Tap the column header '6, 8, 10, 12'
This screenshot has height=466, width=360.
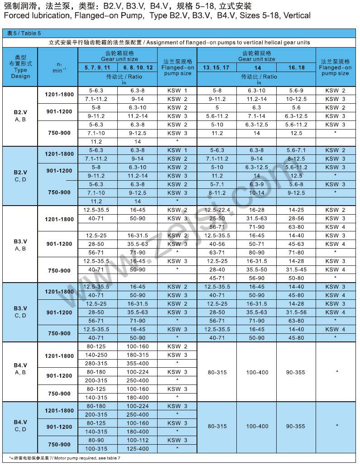[138, 67]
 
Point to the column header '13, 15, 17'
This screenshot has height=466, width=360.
[216, 67]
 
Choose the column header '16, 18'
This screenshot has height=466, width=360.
[296, 67]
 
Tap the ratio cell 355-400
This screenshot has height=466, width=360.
[138, 363]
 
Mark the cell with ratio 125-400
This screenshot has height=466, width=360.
[138, 448]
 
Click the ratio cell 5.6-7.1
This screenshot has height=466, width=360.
[296, 150]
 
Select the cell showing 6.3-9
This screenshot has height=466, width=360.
[257, 184]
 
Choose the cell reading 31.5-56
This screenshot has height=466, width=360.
[296, 312]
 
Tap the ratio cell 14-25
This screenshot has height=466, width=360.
[296, 210]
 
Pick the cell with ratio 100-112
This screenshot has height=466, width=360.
[138, 440]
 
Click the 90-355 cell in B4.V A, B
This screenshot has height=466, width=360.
[296, 372]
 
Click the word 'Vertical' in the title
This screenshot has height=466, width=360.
[295, 16]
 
